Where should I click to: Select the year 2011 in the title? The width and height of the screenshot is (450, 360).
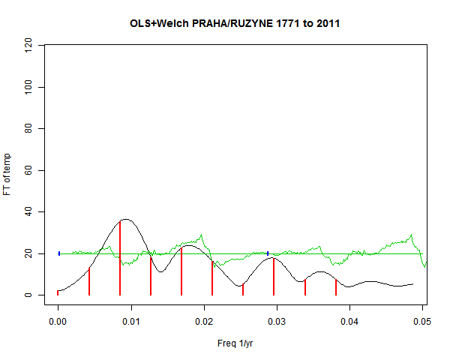point(326,24)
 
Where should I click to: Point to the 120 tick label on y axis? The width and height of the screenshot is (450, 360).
point(31,46)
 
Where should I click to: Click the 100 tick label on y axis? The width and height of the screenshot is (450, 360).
point(31,88)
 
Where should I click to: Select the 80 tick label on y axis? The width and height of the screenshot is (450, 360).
point(31,129)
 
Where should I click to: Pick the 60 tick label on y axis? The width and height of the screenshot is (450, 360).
point(31,171)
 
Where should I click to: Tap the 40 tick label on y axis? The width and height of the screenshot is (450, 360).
point(31,212)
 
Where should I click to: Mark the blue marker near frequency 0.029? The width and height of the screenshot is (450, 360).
point(268,253)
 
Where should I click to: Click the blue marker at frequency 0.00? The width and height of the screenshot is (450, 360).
point(59,253)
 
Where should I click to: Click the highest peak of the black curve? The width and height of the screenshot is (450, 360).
point(125,219)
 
